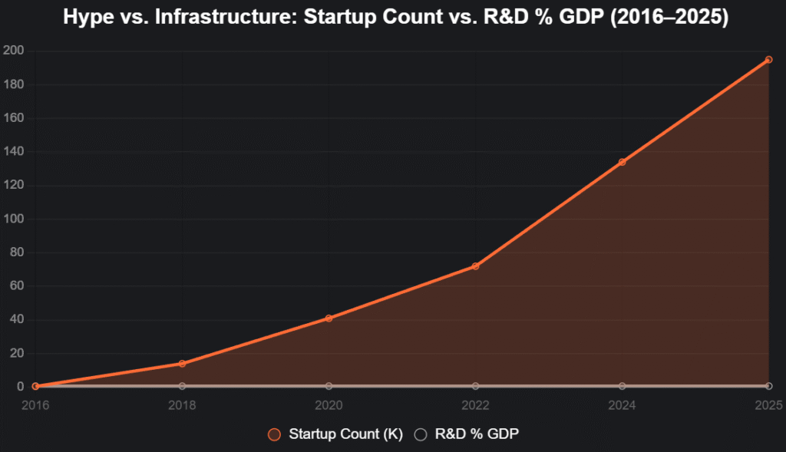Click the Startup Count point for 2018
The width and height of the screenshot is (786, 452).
[182, 364]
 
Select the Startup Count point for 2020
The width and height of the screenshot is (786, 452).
[329, 318]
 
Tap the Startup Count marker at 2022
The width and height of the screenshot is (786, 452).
[475, 266]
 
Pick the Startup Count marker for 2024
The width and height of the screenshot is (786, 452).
[622, 162]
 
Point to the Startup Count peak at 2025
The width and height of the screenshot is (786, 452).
[768, 59]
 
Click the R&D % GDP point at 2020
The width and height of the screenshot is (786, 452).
[329, 385]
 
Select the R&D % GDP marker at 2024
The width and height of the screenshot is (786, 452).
[622, 385]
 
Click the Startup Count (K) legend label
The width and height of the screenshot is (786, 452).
[345, 434]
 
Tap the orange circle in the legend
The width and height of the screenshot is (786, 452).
[274, 434]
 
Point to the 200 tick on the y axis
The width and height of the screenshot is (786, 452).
[15, 51]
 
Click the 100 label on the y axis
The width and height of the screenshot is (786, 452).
[15, 219]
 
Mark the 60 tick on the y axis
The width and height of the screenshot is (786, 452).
[17, 286]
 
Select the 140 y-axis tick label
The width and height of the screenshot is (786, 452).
[15, 152]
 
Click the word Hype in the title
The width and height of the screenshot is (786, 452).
[87, 17]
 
